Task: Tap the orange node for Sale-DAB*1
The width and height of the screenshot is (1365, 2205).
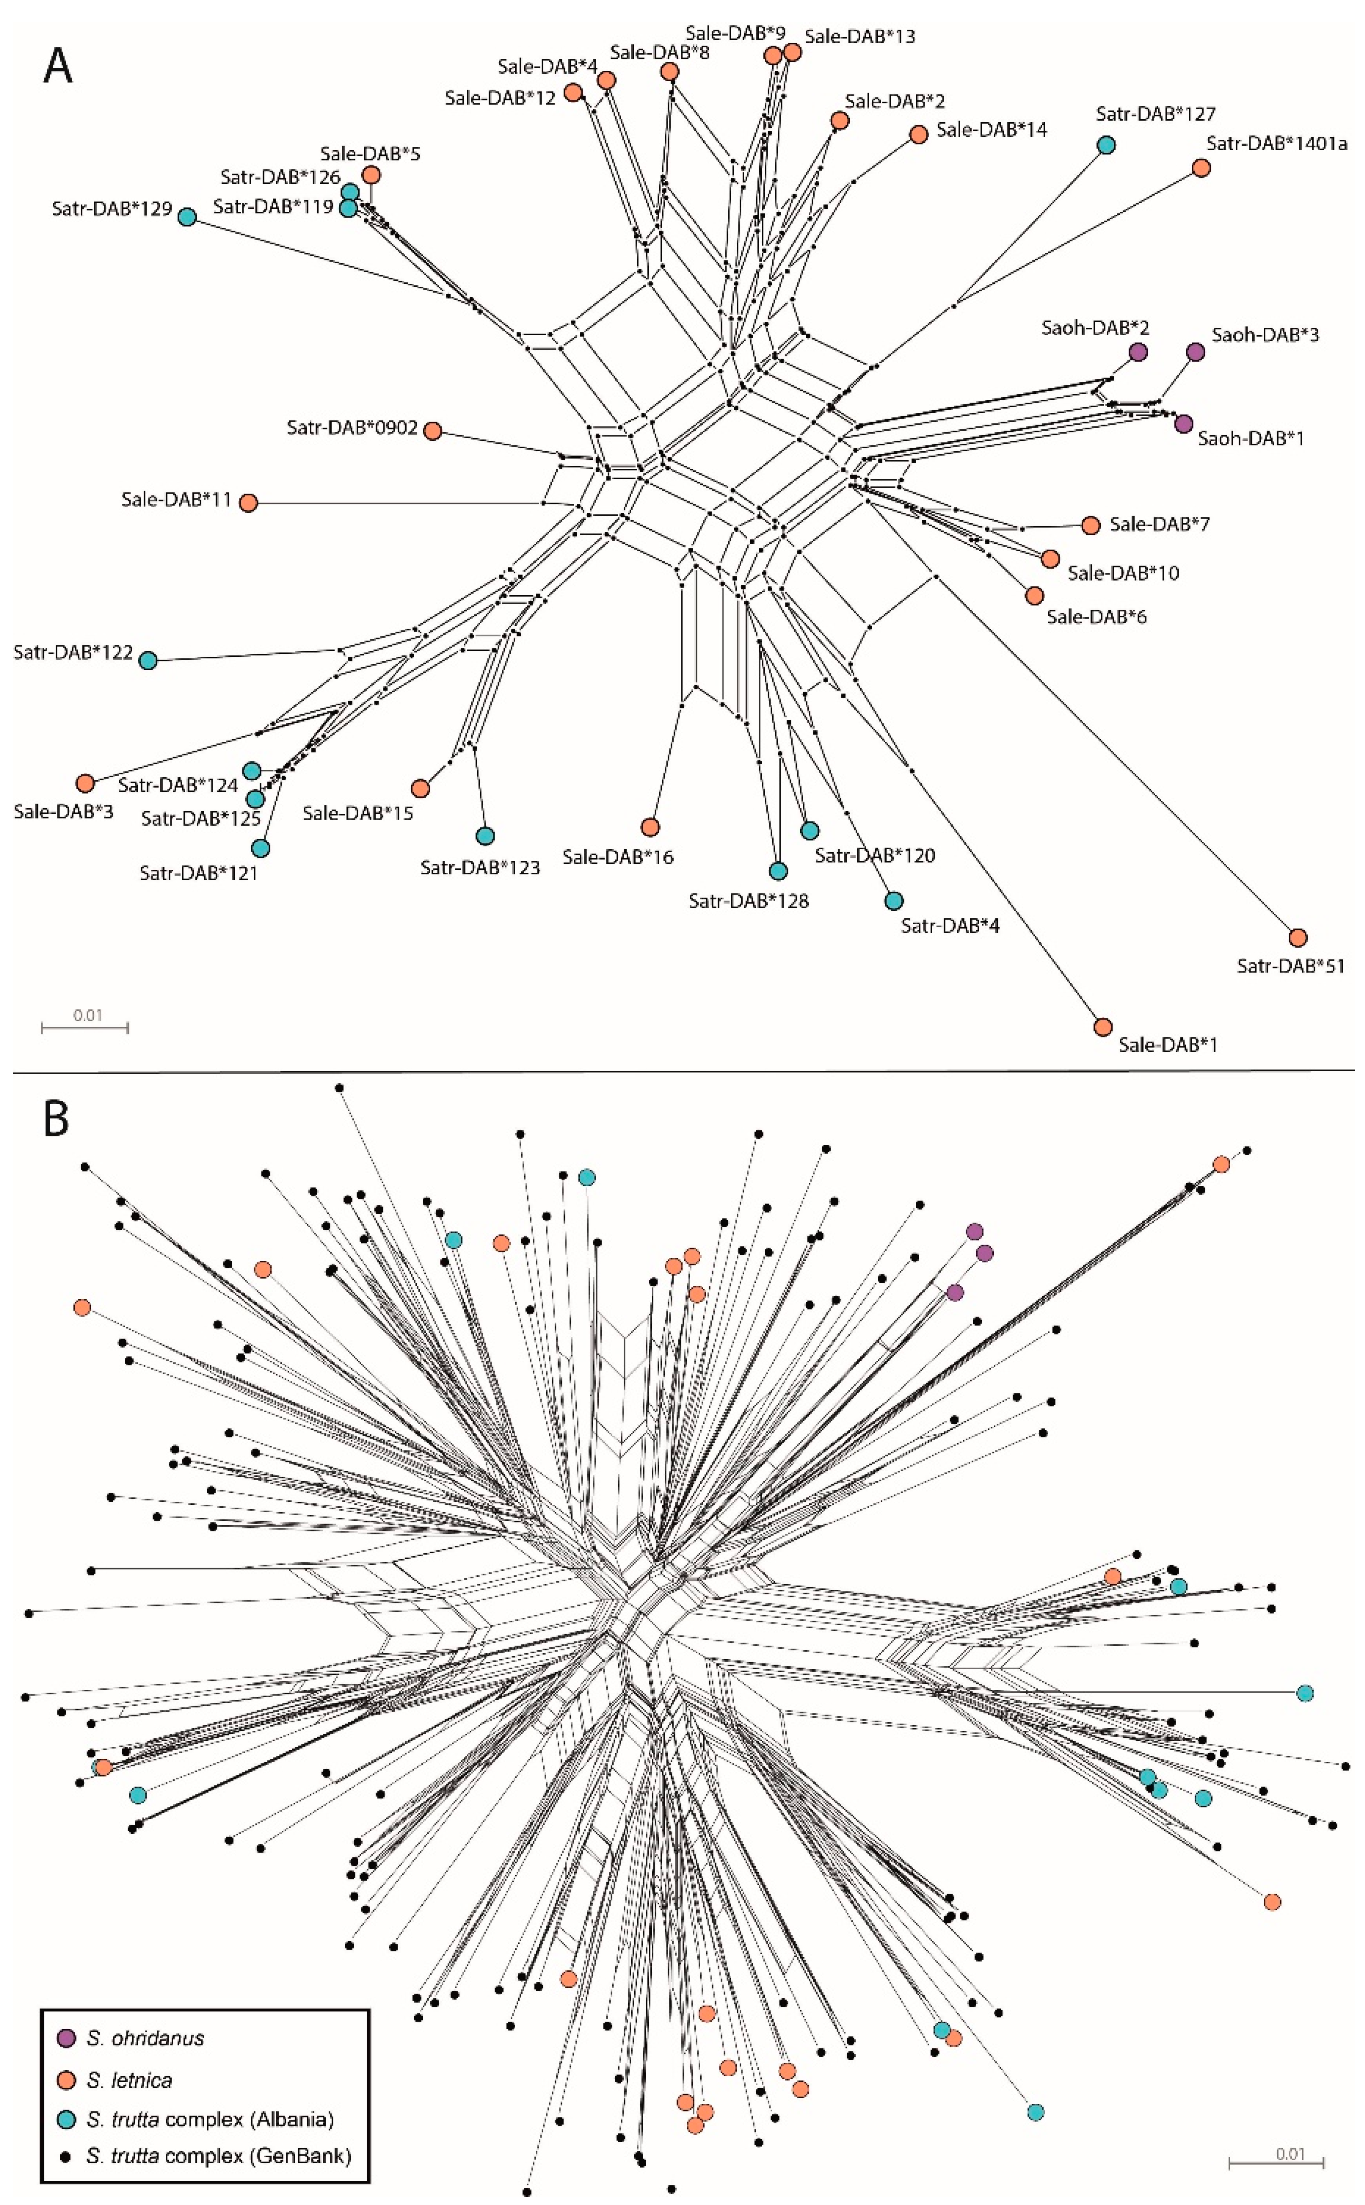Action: click(x=1102, y=1027)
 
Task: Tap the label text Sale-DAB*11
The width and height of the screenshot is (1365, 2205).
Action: click(x=177, y=499)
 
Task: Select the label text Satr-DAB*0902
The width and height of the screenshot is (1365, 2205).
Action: click(x=352, y=427)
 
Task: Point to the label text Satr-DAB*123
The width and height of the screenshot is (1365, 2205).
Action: click(x=480, y=867)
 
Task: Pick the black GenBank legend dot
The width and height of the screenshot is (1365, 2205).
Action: click(x=66, y=2156)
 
